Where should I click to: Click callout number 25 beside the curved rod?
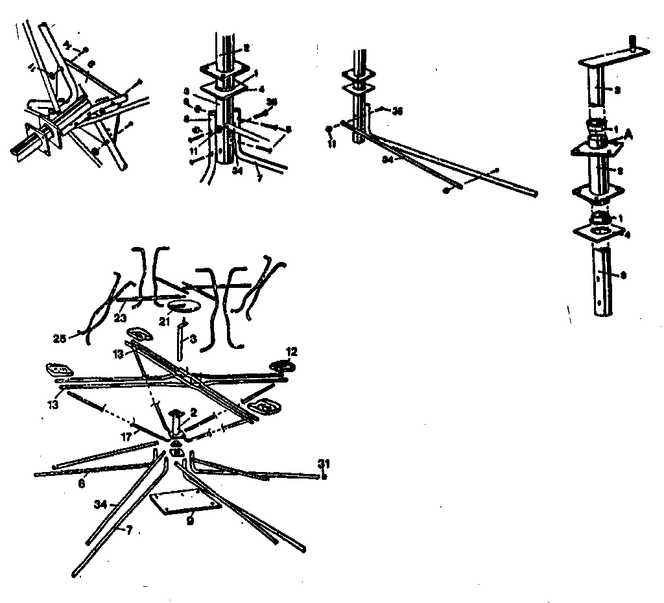pyautogui.click(x=59, y=338)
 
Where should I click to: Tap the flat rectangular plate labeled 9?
pyautogui.click(x=184, y=503)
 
